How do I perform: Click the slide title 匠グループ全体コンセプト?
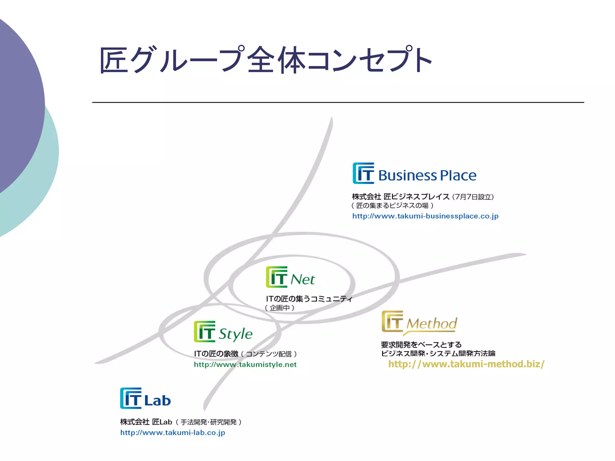point(265,60)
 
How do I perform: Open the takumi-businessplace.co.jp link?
point(425,216)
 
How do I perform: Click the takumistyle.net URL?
point(245,364)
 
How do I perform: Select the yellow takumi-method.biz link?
point(466,364)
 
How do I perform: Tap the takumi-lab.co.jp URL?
point(173,432)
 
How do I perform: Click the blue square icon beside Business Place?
point(363,173)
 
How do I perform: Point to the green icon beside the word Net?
point(277,277)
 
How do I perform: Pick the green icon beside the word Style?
point(204,331)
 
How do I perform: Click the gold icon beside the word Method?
point(392,321)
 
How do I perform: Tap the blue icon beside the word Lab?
point(131,398)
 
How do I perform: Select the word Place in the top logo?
point(458,176)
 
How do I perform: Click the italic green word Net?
point(303,279)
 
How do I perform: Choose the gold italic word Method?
point(432,324)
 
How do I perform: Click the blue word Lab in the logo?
point(158,400)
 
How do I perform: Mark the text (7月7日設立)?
point(473,197)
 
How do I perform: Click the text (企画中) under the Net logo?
point(280,308)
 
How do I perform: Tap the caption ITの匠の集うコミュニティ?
point(309,299)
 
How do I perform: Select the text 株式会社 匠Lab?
point(146,422)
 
